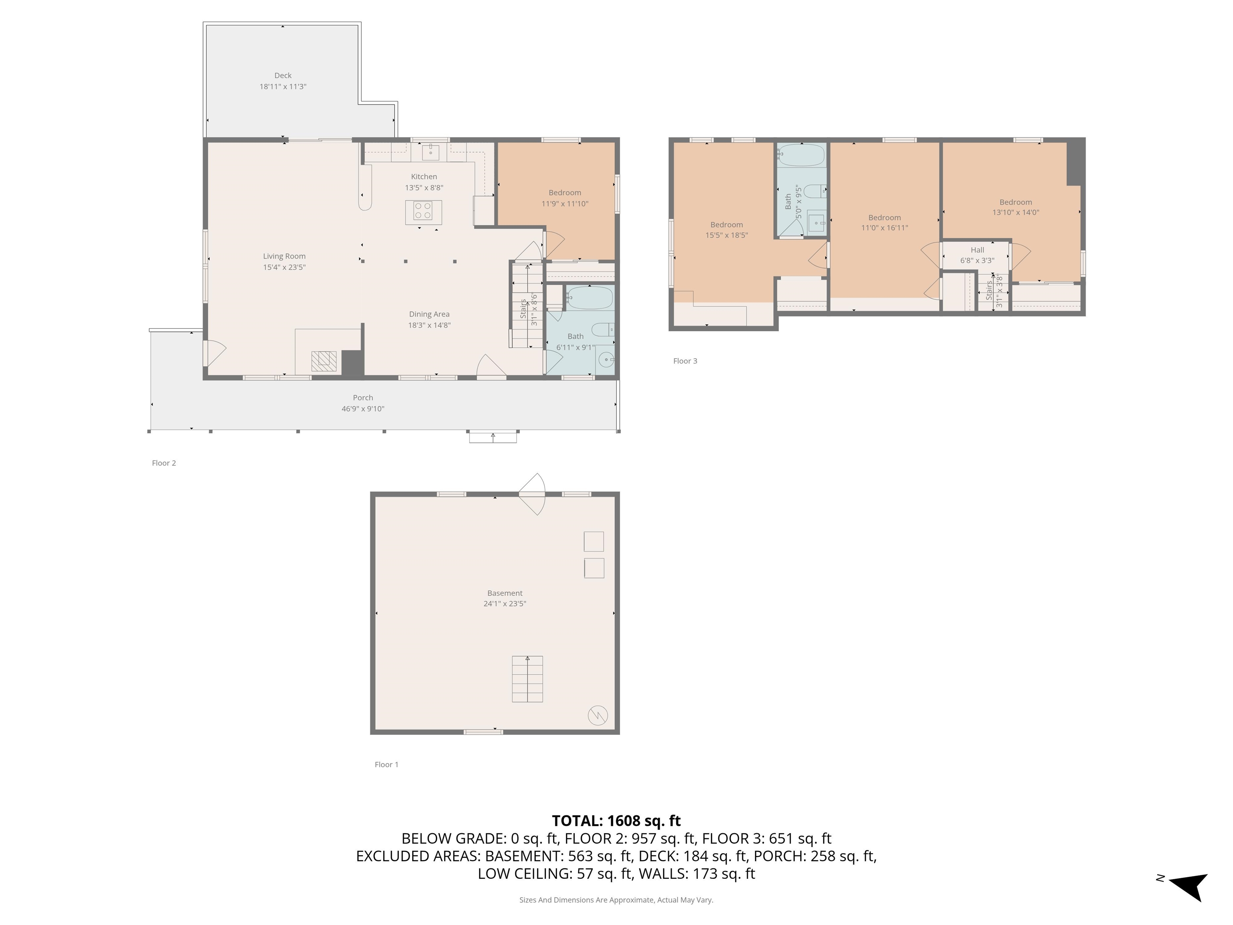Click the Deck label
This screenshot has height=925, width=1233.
[283, 75]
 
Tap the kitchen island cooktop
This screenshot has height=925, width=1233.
[423, 211]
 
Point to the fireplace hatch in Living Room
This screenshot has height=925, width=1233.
[324, 361]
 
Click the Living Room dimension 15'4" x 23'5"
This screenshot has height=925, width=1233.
[284, 267]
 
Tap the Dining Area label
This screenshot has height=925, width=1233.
[429, 314]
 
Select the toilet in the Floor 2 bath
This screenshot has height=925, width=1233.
[602, 330]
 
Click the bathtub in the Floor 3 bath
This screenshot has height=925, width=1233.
[801, 155]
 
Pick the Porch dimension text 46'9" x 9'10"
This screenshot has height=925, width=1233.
[363, 409]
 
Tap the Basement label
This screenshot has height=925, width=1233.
[505, 593]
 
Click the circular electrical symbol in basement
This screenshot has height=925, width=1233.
[598, 715]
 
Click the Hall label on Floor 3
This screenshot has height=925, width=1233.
[977, 250]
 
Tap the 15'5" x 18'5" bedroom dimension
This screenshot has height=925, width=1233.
[726, 235]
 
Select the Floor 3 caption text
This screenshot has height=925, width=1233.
[685, 361]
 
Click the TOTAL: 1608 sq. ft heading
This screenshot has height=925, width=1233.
[616, 821]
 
